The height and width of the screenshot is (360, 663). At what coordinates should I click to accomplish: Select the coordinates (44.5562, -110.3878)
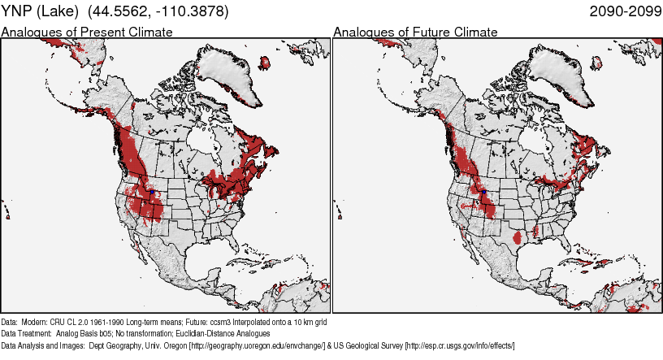[158, 11]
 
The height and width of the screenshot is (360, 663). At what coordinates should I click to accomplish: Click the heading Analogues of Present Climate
[87, 33]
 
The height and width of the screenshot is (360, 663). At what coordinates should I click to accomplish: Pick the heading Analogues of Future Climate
[415, 33]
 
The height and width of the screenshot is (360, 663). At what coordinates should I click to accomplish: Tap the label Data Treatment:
[27, 334]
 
